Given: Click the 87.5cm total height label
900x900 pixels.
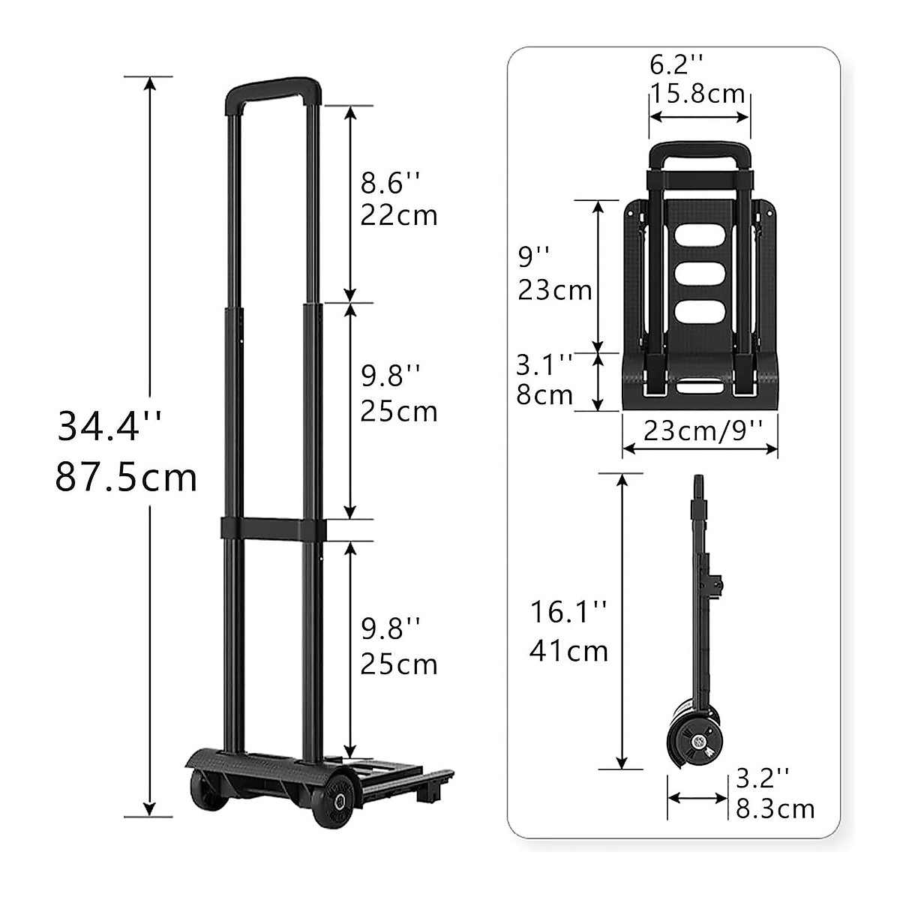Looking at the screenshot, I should [x=126, y=477].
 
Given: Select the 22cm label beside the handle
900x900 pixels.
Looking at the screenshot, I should [x=398, y=215].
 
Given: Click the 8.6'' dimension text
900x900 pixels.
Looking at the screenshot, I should [x=391, y=182].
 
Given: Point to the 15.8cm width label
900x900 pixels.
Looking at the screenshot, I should [x=697, y=94].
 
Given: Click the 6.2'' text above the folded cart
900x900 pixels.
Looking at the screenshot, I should [x=676, y=65].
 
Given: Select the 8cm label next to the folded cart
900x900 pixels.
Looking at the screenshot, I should [x=544, y=394].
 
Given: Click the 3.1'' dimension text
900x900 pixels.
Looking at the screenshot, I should [x=544, y=365].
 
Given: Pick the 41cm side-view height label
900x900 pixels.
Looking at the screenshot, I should [x=568, y=650].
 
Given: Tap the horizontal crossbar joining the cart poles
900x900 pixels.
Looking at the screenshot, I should [x=273, y=528].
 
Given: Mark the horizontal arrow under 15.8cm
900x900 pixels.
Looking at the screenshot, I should [x=699, y=116].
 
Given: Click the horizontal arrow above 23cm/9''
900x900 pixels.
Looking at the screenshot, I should [x=699, y=448].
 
